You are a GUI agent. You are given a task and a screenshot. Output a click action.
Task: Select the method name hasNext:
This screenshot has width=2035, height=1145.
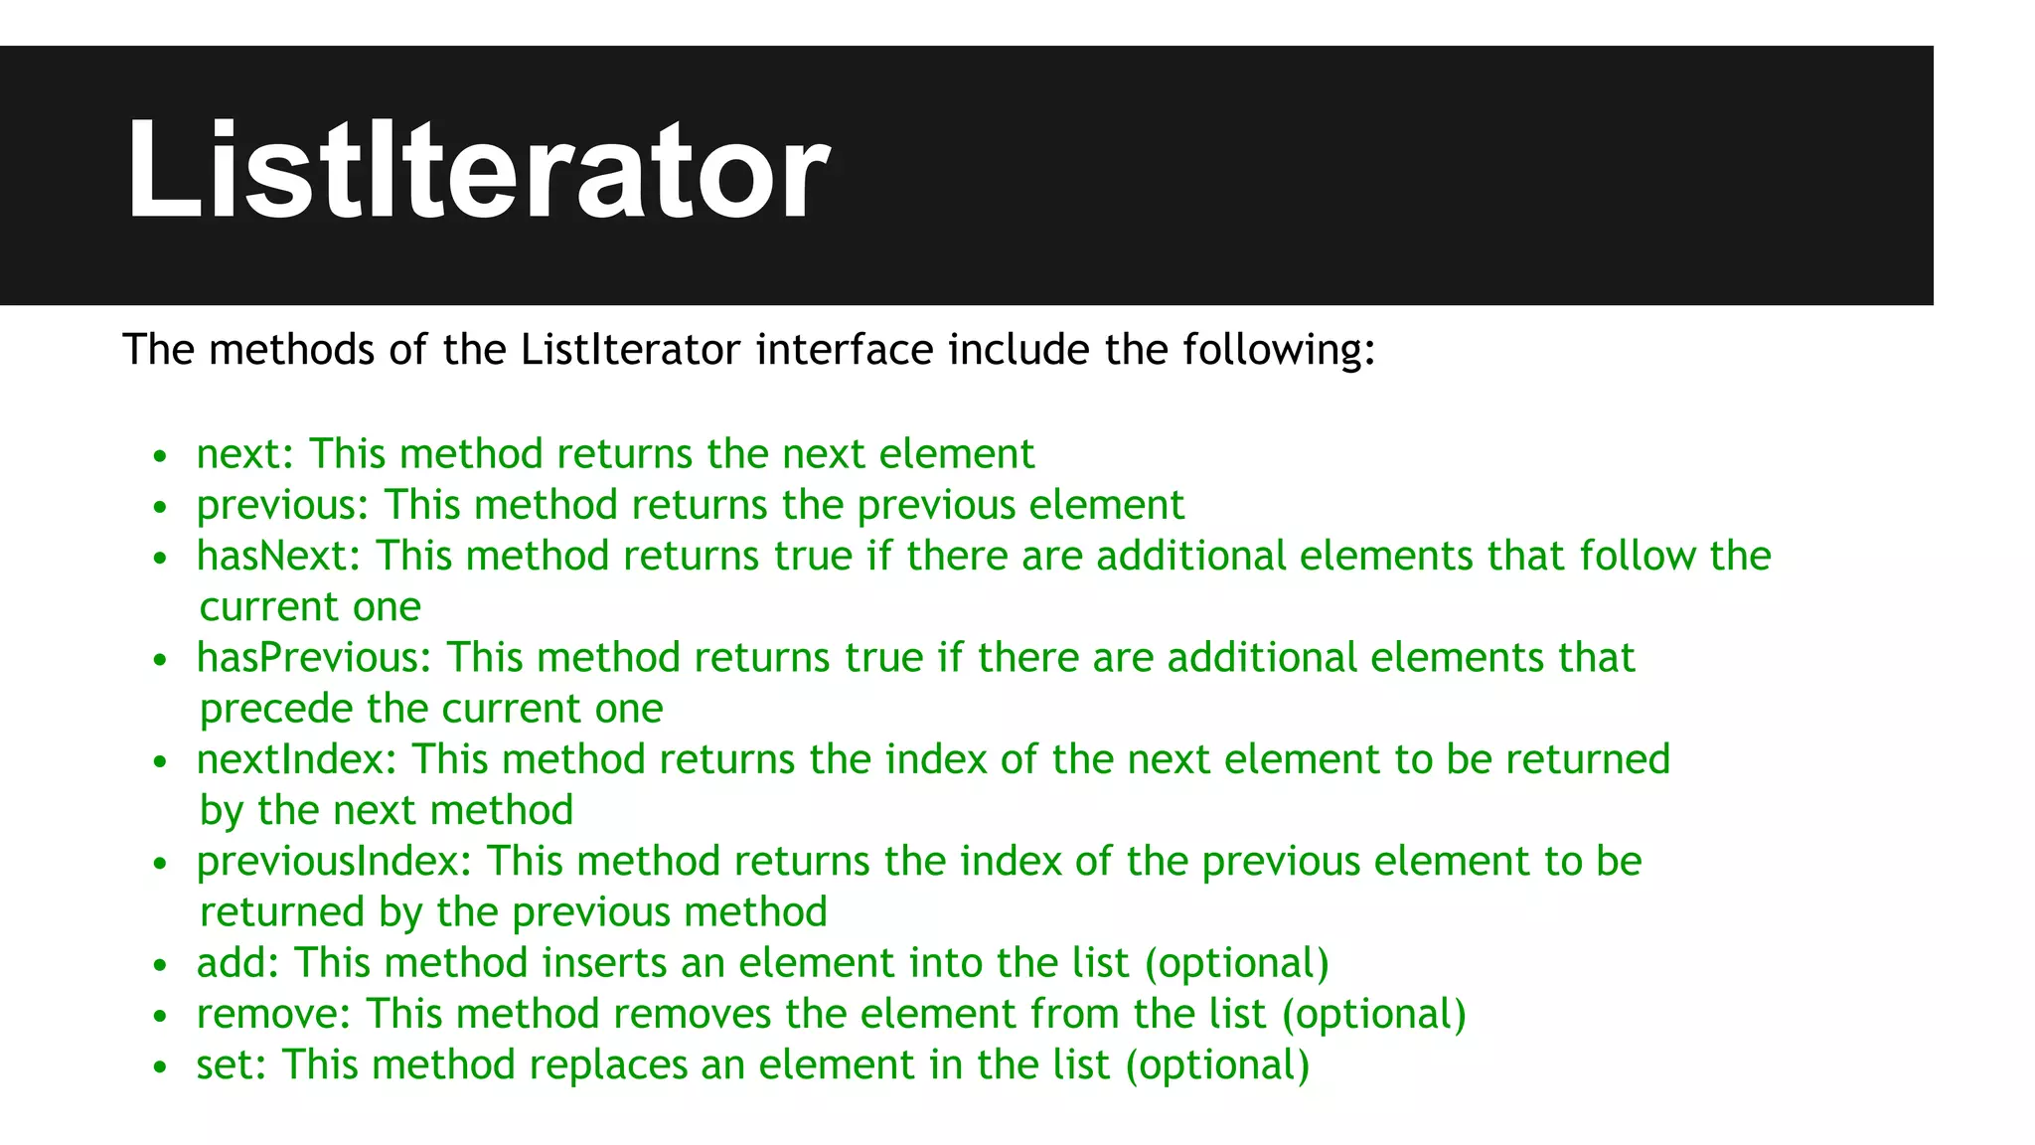pos(278,556)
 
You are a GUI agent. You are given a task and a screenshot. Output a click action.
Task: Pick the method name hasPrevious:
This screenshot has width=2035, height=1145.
pos(314,658)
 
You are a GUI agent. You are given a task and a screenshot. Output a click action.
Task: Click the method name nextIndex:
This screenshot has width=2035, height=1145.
pos(296,759)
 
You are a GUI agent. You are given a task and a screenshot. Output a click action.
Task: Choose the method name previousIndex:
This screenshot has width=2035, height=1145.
pos(334,862)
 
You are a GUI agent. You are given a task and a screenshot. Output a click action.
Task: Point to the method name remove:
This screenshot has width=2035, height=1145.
pos(274,1015)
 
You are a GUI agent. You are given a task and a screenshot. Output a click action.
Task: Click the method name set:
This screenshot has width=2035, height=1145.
pos(232,1065)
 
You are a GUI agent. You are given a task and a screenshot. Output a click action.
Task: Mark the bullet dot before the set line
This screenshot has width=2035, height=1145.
pos(160,1067)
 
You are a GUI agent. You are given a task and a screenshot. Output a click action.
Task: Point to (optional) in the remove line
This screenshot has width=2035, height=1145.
pos(1373,1015)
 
